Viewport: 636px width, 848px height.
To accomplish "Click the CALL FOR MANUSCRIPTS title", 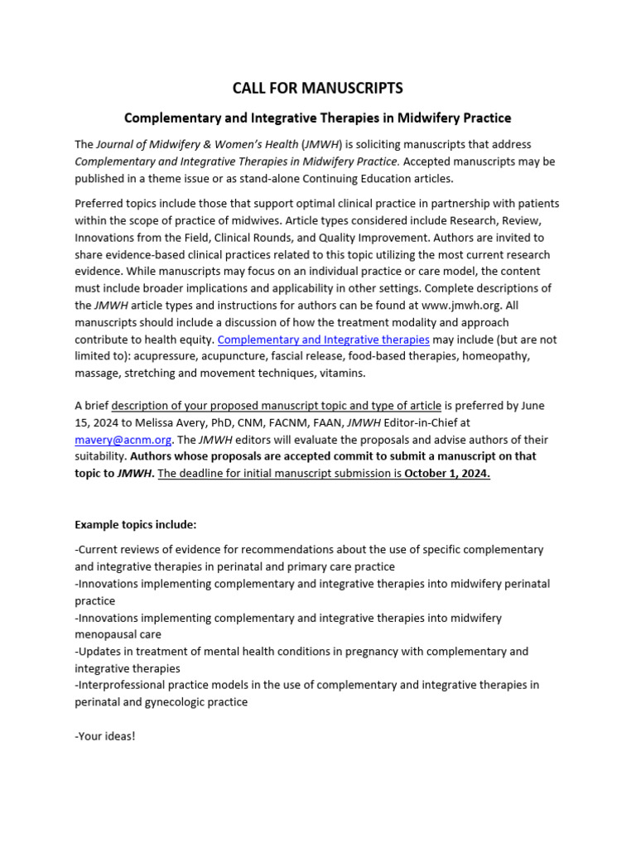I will (318, 88).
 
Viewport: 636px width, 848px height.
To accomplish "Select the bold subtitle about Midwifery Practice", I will (318, 118).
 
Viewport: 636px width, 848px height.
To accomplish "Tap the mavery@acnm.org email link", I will (110, 440).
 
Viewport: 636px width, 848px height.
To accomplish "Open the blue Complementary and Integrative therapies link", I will (323, 340).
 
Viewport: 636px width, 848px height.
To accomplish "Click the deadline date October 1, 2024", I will (447, 474).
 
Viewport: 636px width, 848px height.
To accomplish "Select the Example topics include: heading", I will (136, 525).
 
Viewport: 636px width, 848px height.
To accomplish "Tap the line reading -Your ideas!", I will (104, 735).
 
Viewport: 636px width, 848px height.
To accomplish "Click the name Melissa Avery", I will (183, 423).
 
